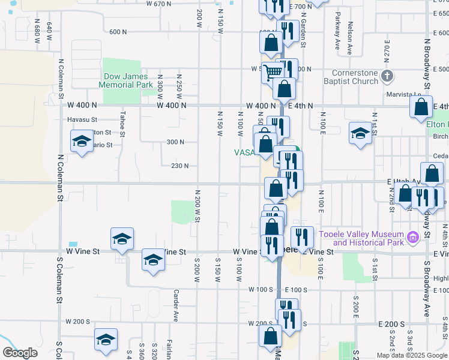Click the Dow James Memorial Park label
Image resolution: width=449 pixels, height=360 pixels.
click(x=128, y=81)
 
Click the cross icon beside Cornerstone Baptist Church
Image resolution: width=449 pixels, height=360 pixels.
click(x=387, y=76)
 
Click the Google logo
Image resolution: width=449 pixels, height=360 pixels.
click(x=20, y=353)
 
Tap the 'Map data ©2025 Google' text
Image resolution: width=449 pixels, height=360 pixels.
click(x=412, y=355)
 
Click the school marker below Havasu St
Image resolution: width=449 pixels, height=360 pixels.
click(x=81, y=142)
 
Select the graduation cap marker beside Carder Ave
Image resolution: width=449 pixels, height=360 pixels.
click(x=153, y=260)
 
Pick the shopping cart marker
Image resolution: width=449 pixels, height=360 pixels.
click(x=273, y=72)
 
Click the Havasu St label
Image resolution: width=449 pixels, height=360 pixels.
click(x=82, y=119)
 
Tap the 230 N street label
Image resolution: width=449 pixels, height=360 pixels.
click(x=180, y=166)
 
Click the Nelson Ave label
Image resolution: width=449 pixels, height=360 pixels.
click(x=350, y=36)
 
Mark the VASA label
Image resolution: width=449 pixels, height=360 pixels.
click(x=246, y=152)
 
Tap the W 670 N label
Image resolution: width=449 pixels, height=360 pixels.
click(x=158, y=4)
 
